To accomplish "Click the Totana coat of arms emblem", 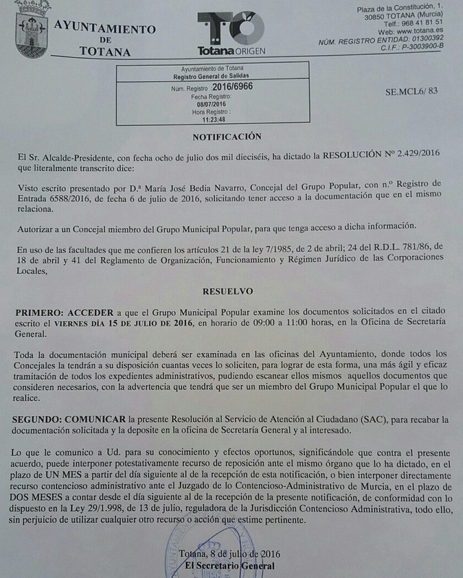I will click(x=33, y=31).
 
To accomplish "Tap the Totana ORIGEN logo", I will click(x=231, y=33).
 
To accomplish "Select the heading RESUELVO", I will click(x=228, y=291).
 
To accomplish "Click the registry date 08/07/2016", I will click(x=212, y=104).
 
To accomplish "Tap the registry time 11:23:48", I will click(x=212, y=119).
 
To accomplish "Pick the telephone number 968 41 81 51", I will click(x=420, y=22).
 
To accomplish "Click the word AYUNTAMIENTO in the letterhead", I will click(x=105, y=29).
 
